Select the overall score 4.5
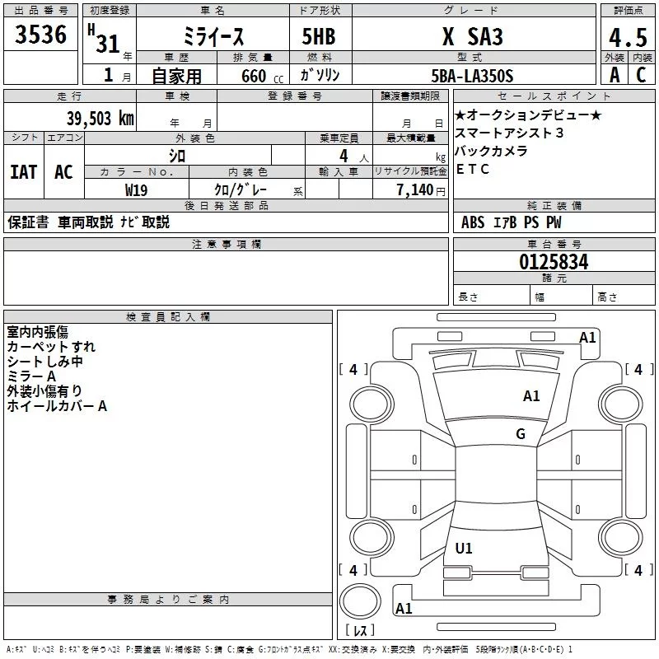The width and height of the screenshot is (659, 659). coord(627,38)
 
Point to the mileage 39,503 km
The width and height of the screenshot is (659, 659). coord(100,118)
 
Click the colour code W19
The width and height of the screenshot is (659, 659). coord(137,189)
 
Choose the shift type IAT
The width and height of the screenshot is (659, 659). coord(23,171)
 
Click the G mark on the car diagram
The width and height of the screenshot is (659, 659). coord(521,434)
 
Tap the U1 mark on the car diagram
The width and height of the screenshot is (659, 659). coord(464,549)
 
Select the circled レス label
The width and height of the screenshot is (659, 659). coord(360,630)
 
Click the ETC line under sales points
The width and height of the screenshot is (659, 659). coord(473,170)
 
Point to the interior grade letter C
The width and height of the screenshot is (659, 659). coord(641,75)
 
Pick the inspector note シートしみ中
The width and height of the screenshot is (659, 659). coord(45,362)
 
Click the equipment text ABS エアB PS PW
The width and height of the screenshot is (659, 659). coord(512,222)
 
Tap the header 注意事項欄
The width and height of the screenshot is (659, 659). coord(227,245)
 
